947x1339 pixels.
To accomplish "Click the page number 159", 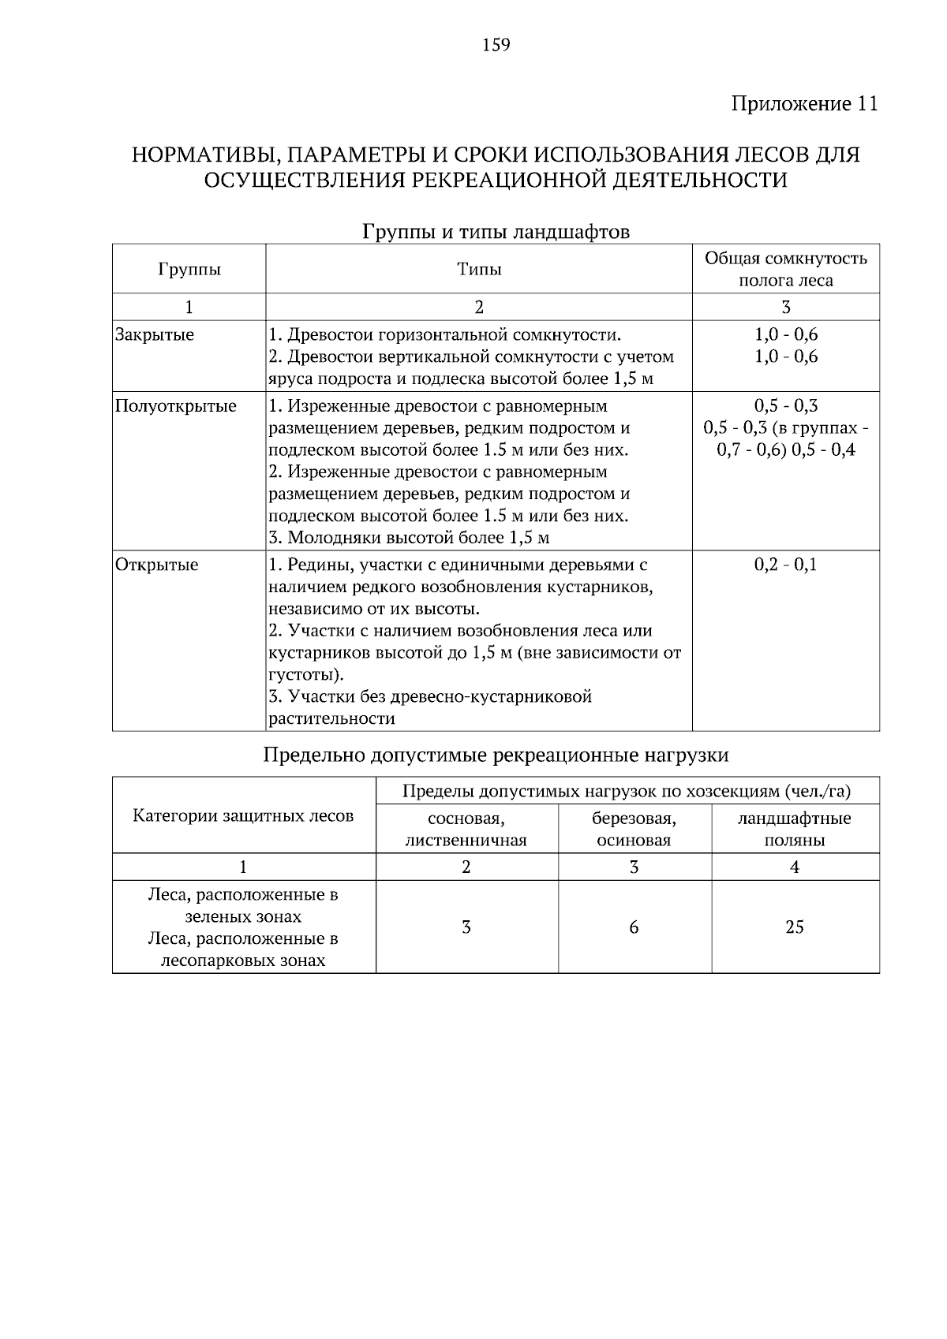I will (496, 45).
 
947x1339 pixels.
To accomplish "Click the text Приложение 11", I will (803, 104).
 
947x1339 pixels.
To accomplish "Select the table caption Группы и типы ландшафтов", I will (496, 233).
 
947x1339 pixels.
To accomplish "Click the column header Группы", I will (189, 270).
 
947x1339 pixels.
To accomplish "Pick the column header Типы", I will (479, 270).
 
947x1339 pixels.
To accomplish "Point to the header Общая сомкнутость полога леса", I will (785, 269).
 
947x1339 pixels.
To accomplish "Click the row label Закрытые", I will (155, 334).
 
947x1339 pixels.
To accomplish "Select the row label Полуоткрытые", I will (175, 406).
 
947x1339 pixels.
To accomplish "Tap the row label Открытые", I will (156, 565).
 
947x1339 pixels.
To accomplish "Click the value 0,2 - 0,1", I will (785, 565).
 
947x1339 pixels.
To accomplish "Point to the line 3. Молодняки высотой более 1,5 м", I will (409, 539).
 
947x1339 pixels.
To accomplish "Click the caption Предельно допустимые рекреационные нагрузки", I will (496, 755).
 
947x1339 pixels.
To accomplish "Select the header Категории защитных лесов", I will (243, 815).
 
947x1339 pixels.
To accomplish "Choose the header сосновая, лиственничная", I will (466, 829).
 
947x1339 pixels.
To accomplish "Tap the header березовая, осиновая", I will (634, 829).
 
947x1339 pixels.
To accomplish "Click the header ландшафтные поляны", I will (794, 829).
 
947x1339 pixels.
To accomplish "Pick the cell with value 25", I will (794, 927).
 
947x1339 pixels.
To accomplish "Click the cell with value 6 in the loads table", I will (634, 927).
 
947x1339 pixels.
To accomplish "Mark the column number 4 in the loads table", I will (794, 867).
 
